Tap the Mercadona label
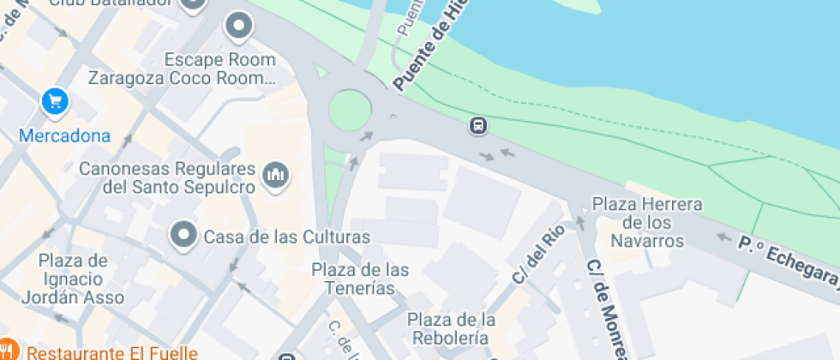tap(65, 135)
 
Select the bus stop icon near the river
tap(478, 127)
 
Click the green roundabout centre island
tap(350, 111)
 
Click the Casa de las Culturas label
tap(286, 237)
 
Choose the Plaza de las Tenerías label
tap(360, 279)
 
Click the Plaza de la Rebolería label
tap(452, 328)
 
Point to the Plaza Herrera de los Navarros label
tap(648, 222)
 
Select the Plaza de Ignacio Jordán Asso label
tap(74, 279)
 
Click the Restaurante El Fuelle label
tap(111, 351)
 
